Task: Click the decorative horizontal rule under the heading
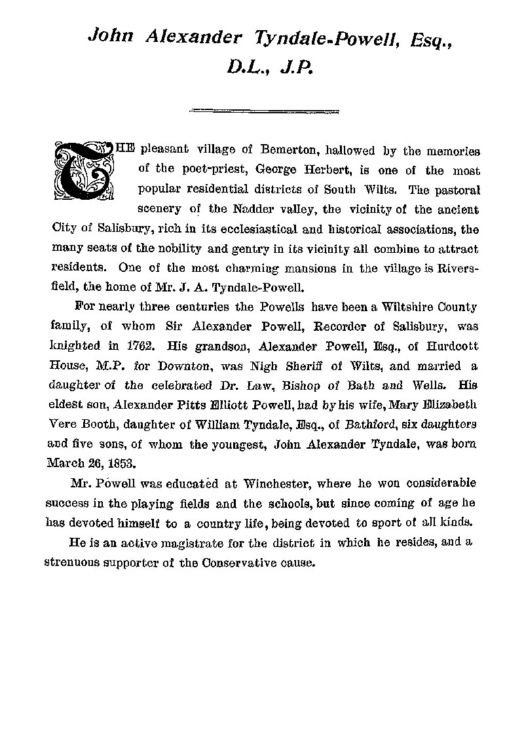262,111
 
